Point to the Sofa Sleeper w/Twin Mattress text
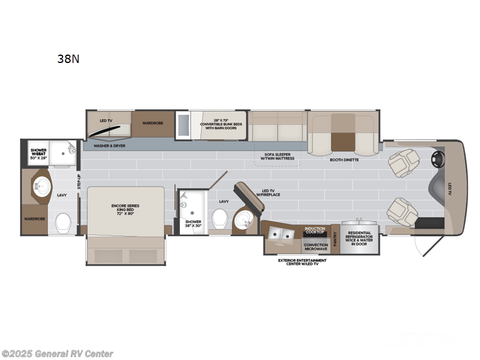coord(278,157)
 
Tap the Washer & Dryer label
coord(109,146)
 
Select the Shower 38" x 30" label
coord(193,224)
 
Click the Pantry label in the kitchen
coord(335,239)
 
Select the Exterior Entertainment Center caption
coord(302,262)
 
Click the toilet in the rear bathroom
coord(63,224)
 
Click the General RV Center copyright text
coord(58,353)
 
